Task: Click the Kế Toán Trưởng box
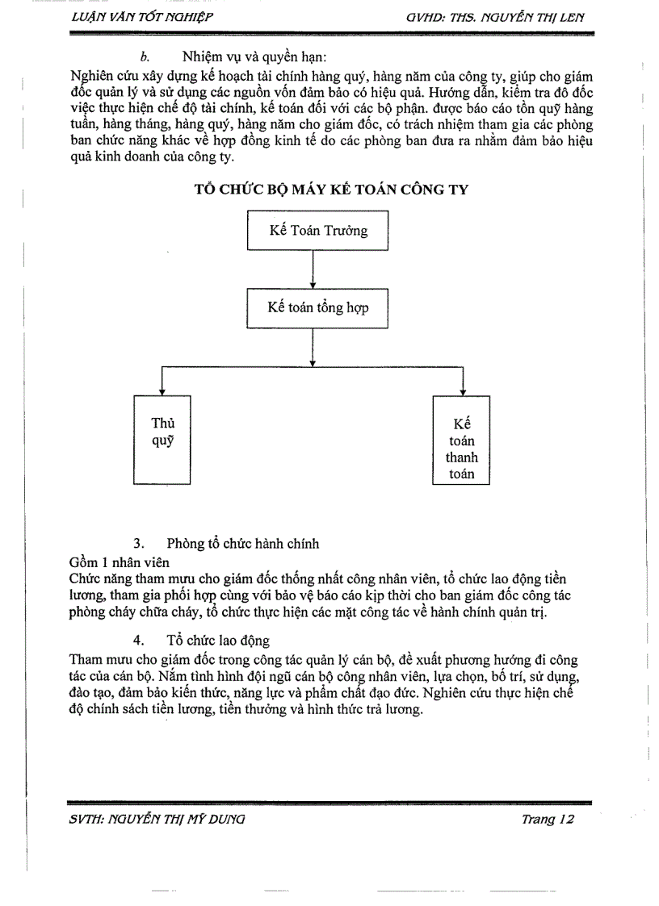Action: click(317, 231)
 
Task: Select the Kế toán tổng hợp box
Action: click(317, 307)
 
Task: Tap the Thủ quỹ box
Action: click(162, 440)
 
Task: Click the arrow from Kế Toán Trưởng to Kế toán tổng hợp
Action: click(313, 269)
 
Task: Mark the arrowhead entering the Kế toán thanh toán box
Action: click(462, 390)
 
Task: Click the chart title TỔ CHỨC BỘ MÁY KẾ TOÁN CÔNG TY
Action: click(332, 189)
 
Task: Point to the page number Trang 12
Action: click(547, 819)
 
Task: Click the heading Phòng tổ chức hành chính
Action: click(242, 543)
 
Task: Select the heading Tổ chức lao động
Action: click(218, 641)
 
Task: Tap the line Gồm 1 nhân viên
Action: click(120, 562)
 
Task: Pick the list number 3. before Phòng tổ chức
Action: click(138, 544)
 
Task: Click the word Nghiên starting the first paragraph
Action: click(92, 77)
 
